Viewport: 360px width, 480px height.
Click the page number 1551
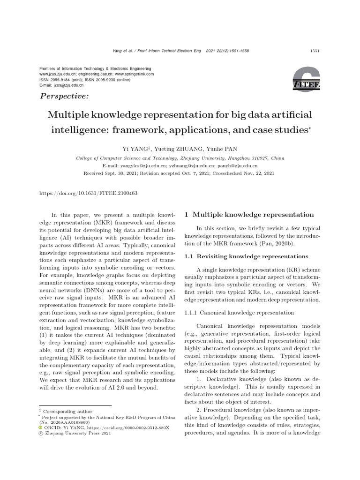click(x=315, y=51)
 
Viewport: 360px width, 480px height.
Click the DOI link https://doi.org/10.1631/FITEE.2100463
click(x=89, y=193)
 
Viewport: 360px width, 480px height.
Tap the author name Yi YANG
click(x=134, y=149)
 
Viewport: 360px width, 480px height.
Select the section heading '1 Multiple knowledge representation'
click(x=249, y=214)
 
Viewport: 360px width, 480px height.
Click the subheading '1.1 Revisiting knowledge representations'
click(x=246, y=256)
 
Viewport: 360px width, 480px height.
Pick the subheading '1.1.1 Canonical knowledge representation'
click(x=240, y=312)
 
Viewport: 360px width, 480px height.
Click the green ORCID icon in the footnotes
click(x=40, y=428)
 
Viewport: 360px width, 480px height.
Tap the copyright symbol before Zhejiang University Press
click(x=40, y=434)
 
